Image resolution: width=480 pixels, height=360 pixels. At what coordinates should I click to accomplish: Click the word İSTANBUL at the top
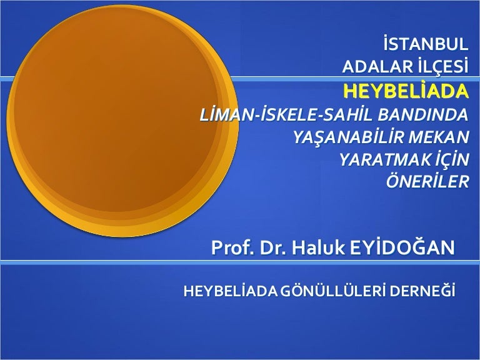pos(426,44)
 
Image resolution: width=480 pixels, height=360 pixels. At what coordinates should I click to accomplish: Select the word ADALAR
pos(377,66)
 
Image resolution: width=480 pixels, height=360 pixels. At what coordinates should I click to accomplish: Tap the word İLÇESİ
pos(443,66)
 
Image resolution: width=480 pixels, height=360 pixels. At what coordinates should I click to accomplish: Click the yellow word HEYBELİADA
pos(406,91)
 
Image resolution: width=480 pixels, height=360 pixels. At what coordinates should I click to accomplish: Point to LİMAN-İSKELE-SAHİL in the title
pos(286,114)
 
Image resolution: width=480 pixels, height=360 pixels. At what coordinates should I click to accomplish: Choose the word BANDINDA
pos(423,114)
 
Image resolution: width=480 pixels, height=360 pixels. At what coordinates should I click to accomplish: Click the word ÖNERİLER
pos(427,181)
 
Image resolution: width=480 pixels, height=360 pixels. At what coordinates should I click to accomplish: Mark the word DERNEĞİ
pos(422,291)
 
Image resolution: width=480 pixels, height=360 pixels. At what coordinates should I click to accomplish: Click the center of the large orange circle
pos(122,121)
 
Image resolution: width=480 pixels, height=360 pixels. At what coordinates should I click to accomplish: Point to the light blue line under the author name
pos(240,262)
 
